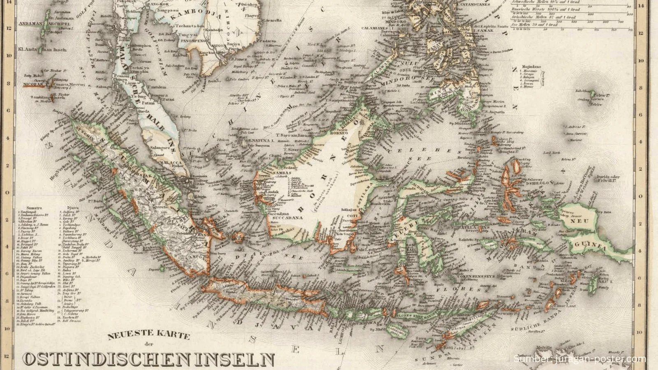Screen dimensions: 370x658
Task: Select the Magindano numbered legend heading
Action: coord(530,67)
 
